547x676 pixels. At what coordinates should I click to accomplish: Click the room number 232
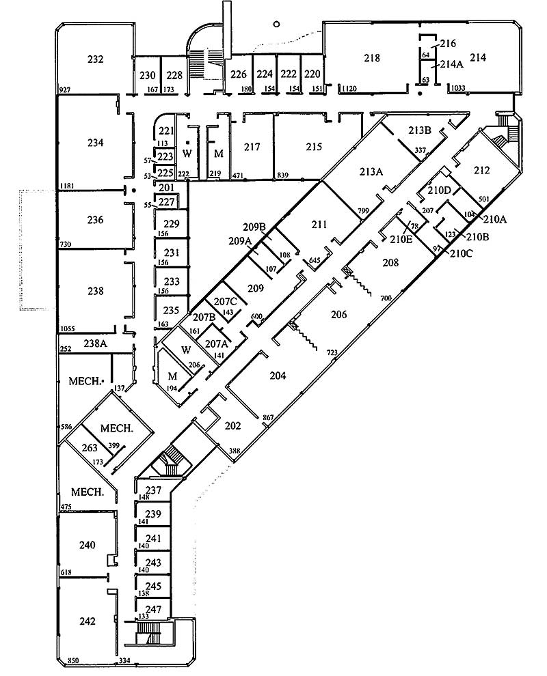(x=96, y=59)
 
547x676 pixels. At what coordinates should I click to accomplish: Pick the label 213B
(x=419, y=130)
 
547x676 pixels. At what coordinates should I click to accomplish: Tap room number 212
(x=481, y=170)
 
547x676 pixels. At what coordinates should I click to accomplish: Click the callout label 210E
(x=400, y=239)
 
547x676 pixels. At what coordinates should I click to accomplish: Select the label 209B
(x=254, y=226)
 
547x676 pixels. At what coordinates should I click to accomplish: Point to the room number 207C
(x=226, y=301)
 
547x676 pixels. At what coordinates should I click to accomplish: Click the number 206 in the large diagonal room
(x=339, y=315)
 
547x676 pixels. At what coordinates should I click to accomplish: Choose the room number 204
(x=278, y=376)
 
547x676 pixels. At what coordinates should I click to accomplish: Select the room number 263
(x=90, y=448)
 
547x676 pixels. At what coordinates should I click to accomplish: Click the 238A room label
(x=95, y=343)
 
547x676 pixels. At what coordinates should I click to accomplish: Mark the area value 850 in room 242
(x=75, y=661)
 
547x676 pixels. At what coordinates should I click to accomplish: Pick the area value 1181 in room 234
(x=66, y=186)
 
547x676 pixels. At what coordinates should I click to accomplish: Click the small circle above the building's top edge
(x=276, y=24)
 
